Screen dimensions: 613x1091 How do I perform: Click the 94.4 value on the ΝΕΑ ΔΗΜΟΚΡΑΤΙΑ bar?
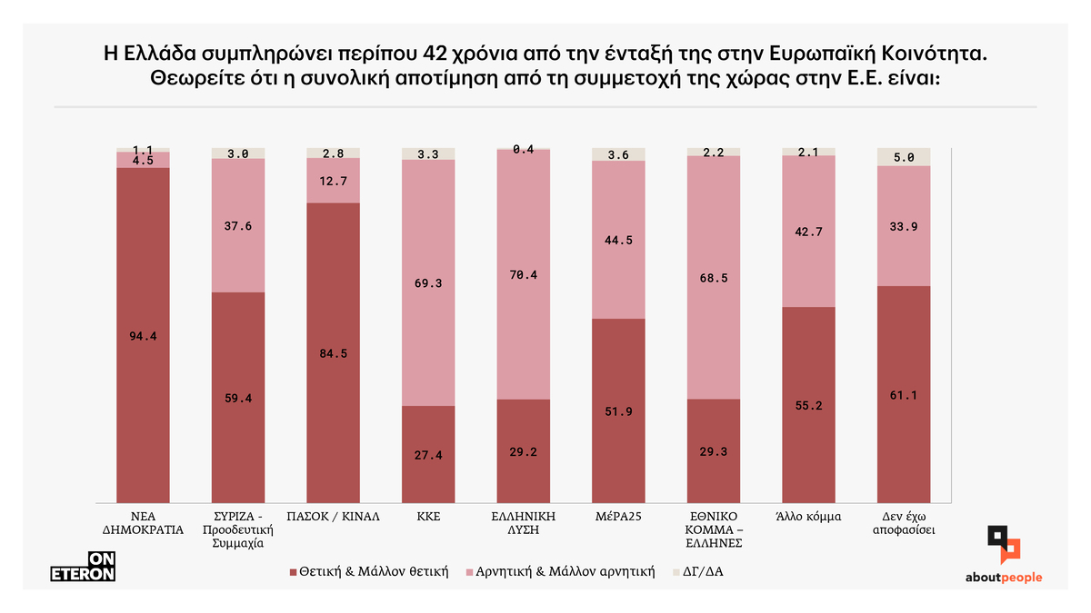click(144, 336)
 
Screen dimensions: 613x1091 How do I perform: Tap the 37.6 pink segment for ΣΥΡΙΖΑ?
click(238, 228)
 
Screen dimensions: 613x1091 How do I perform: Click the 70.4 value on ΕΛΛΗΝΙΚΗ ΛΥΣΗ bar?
click(523, 275)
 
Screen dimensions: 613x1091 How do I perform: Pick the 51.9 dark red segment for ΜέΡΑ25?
click(618, 411)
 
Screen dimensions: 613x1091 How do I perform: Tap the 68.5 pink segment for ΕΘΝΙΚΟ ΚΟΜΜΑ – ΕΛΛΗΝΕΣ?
click(713, 278)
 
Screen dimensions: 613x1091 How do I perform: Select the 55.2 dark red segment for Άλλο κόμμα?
click(808, 406)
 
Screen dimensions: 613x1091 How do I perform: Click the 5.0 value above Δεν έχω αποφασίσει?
click(903, 156)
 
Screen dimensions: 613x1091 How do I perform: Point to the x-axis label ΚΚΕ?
click(428, 515)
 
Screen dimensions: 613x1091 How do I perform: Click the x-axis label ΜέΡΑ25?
click(618, 515)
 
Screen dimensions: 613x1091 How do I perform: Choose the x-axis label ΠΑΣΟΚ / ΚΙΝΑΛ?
click(333, 515)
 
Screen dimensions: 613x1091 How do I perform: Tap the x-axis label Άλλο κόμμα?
click(808, 515)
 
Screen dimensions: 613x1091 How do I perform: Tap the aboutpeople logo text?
click(1004, 578)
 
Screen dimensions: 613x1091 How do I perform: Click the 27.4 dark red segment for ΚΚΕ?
click(428, 454)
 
